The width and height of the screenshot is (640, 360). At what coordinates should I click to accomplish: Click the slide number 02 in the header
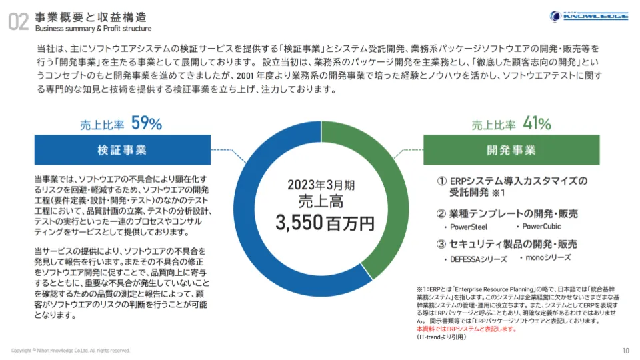(x=19, y=22)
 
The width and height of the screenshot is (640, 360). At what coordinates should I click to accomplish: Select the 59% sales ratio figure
(x=147, y=123)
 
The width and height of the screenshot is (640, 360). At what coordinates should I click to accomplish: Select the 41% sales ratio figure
(x=536, y=123)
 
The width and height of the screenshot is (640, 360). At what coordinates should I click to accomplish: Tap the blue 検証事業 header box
(x=121, y=150)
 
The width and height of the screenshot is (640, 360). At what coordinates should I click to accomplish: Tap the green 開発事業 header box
(x=511, y=150)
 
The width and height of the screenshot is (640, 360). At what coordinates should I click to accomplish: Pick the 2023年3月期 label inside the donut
(x=321, y=184)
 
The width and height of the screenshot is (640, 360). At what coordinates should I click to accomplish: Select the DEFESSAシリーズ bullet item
(x=473, y=259)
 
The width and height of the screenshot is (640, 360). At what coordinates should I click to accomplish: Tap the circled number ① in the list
(x=442, y=181)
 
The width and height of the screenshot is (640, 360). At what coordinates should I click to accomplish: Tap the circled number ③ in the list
(x=442, y=244)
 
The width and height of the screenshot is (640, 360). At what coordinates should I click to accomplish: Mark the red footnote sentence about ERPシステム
(x=465, y=329)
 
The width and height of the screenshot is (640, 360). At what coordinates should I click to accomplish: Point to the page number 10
(x=625, y=351)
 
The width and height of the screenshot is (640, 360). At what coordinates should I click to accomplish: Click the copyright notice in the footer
(x=71, y=351)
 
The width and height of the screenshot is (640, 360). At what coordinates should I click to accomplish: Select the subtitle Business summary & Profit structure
(x=93, y=29)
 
